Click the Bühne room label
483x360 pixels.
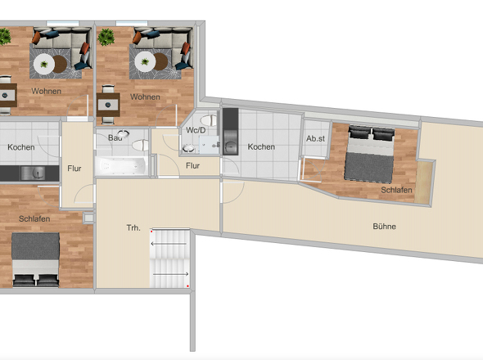(x=384, y=227)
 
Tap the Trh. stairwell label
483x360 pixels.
(x=133, y=228)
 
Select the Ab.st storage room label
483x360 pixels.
(x=315, y=138)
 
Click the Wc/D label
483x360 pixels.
(x=196, y=130)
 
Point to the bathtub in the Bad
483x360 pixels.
(x=122, y=165)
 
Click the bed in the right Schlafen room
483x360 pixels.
(x=370, y=153)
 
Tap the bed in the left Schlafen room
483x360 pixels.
(x=35, y=260)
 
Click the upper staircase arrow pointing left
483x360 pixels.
(x=169, y=244)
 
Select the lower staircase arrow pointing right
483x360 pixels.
(x=170, y=274)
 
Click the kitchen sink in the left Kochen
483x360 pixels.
(x=33, y=173)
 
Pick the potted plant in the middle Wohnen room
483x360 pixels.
(x=106, y=37)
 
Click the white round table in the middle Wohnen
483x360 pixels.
(x=145, y=61)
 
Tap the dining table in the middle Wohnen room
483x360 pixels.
(x=108, y=105)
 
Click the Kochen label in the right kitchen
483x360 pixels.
(x=261, y=146)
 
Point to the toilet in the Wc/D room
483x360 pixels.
(x=209, y=119)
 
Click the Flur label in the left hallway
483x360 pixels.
(x=74, y=169)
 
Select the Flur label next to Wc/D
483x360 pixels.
(x=193, y=165)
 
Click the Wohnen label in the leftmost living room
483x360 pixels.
(x=46, y=91)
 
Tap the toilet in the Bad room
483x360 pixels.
(x=141, y=145)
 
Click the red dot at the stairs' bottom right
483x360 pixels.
(x=187, y=286)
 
